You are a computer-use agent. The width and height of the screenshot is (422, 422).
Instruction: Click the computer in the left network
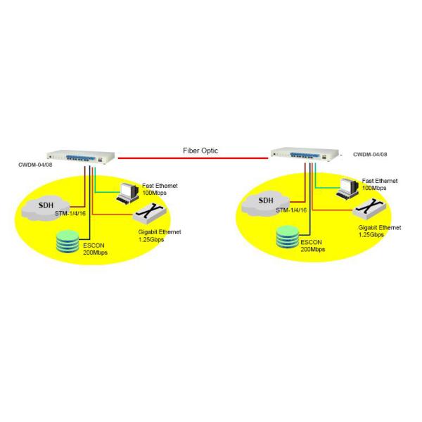tap(127, 191)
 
